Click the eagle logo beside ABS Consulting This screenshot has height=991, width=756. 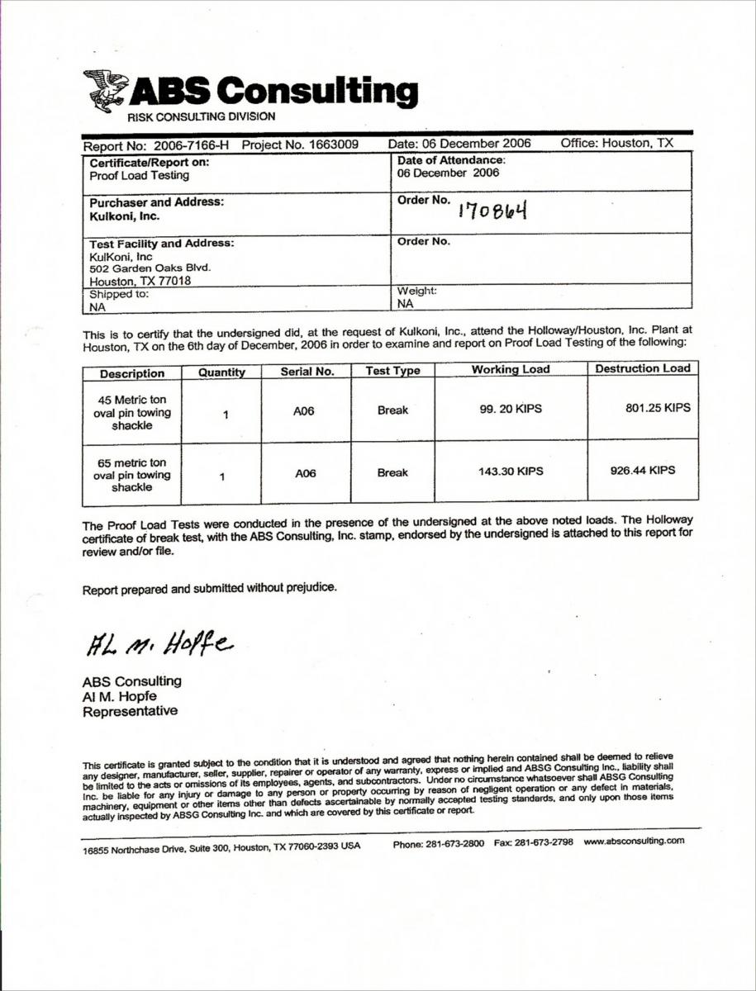coord(105,90)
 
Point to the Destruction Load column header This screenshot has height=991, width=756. coord(642,369)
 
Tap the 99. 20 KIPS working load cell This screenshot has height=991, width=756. coord(511,409)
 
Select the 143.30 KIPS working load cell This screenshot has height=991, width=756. coord(511,472)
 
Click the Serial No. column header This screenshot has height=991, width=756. coord(307,372)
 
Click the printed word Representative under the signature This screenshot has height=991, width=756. coord(129,711)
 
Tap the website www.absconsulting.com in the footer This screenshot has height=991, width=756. coord(634,842)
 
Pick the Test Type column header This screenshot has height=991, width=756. coord(392,372)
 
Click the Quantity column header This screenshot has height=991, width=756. coord(221,372)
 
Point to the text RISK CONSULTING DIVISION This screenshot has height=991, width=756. coord(201,117)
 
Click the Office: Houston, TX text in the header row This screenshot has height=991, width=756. coord(616,143)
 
